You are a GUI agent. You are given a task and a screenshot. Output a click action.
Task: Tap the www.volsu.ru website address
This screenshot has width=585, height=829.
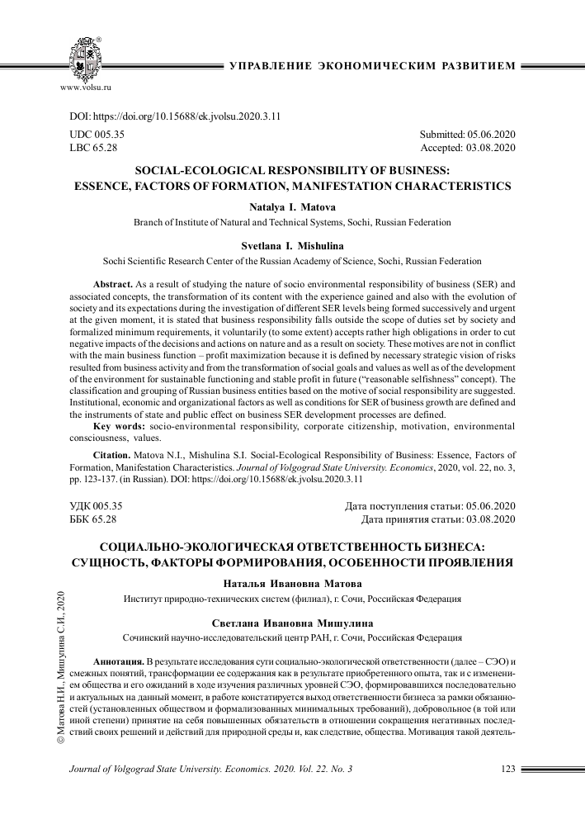[86, 86]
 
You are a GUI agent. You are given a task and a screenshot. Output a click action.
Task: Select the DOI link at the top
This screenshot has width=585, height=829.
[174, 116]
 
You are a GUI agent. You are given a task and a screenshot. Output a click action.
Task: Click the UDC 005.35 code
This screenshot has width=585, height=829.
[96, 134]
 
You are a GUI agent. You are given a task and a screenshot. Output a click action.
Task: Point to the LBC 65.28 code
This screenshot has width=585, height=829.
[94, 148]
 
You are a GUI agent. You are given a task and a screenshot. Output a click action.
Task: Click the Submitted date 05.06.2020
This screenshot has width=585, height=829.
[467, 134]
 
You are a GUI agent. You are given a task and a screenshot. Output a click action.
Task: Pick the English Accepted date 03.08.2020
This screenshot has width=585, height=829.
[468, 148]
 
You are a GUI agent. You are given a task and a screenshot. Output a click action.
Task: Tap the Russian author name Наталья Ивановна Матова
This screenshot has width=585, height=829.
[292, 584]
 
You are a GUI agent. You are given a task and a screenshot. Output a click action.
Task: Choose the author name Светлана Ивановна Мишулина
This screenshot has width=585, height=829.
[292, 623]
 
